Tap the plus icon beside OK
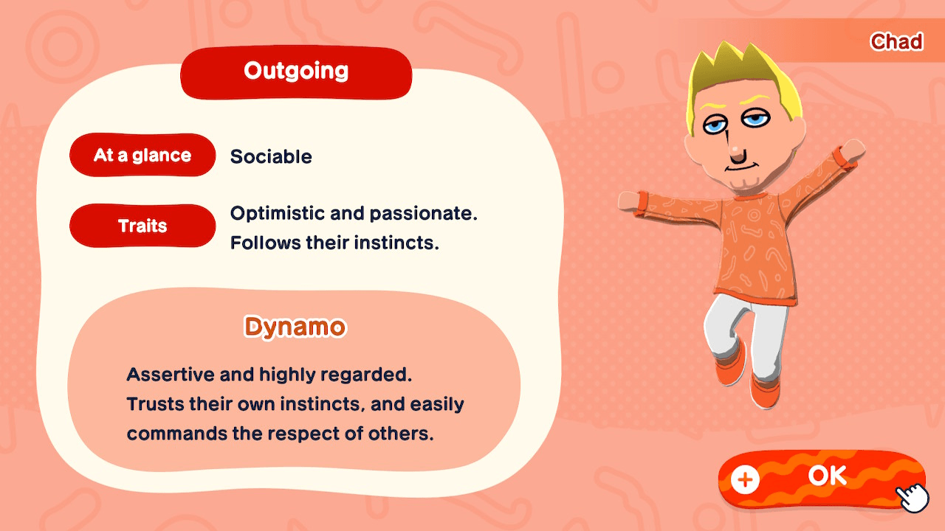pos(745,480)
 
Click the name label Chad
pos(896,42)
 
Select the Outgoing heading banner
pos(296,72)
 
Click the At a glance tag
pos(142,156)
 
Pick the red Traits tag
pos(142,226)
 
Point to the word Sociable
pos(271,157)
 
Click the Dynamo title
pos(295,327)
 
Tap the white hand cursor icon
pos(913,497)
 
